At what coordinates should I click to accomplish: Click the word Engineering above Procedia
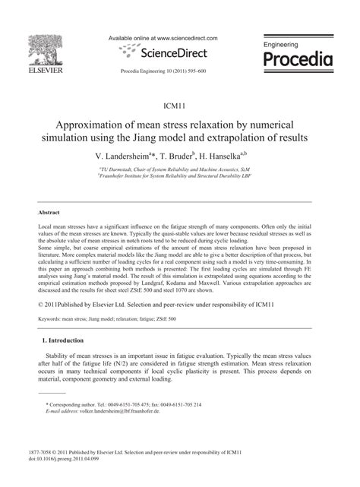tap(281, 46)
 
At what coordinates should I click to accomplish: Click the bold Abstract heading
tap(49, 212)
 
